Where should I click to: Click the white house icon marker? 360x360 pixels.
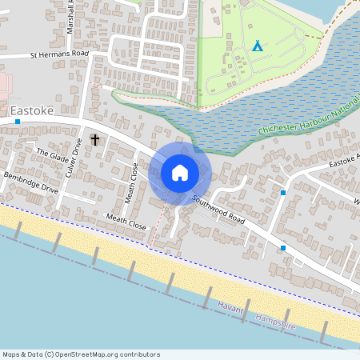pos(180,173)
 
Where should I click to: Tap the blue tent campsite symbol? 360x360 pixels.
pos(257,46)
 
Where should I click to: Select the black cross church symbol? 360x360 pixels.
pos(95,140)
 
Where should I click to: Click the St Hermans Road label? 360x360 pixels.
pos(58,55)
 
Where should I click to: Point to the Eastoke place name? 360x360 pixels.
pos(32,110)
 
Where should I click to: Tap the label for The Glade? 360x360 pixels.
pos(54,155)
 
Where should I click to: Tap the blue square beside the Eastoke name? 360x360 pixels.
pos(18,122)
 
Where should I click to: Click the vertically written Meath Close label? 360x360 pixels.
pos(135,177)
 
